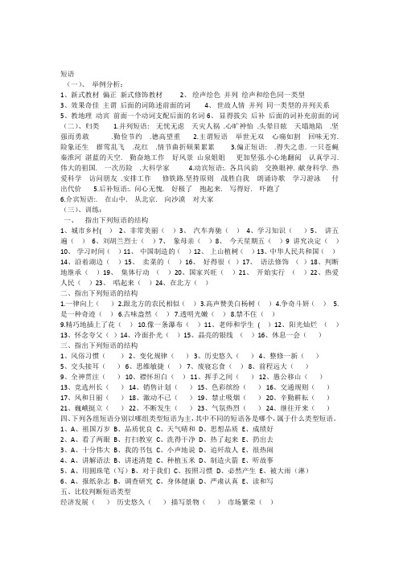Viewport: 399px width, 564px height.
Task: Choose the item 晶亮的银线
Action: [209, 355]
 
